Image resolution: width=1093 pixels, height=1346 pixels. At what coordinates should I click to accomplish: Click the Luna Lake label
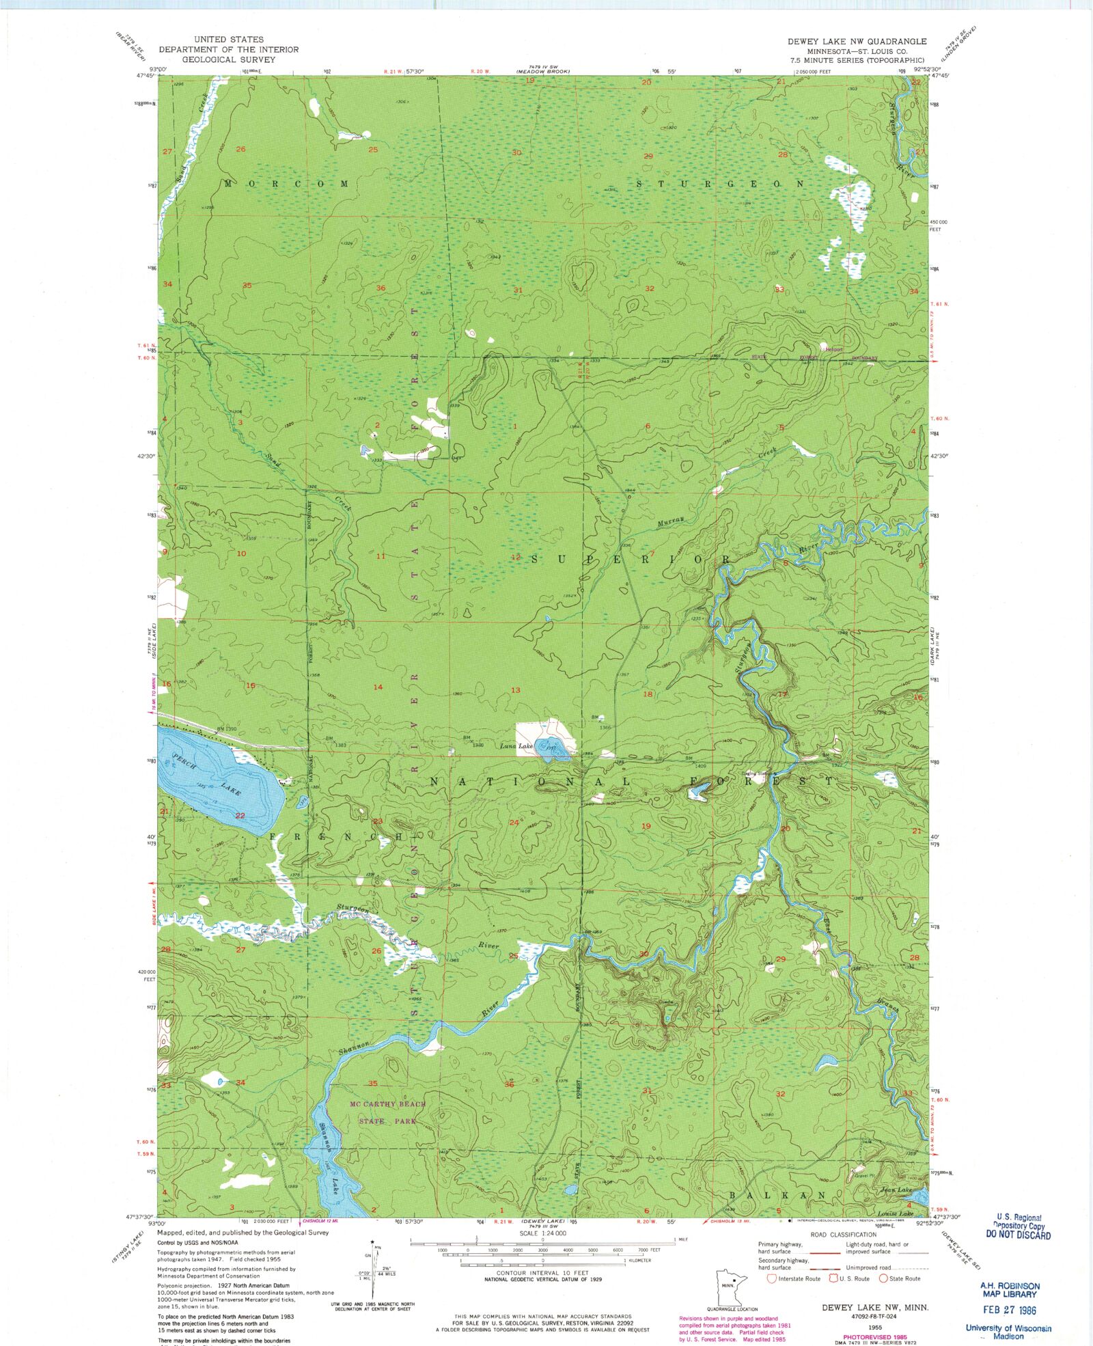(x=516, y=746)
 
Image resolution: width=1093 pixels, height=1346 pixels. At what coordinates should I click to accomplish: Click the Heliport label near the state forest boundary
(x=834, y=349)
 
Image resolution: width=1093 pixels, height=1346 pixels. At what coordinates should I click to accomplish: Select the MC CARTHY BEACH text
(x=387, y=1104)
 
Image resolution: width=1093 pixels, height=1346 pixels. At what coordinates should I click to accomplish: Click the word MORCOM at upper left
(x=287, y=184)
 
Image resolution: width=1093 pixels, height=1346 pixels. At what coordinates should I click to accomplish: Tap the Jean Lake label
(x=896, y=1190)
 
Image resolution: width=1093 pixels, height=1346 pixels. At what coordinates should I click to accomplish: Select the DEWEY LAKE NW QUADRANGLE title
(x=857, y=41)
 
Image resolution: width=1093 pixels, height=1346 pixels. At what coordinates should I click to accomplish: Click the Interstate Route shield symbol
(x=772, y=1278)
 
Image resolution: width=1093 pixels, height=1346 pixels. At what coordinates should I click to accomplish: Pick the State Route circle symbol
(x=883, y=1278)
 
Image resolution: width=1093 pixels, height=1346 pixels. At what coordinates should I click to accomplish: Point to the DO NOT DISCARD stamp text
(x=1018, y=1235)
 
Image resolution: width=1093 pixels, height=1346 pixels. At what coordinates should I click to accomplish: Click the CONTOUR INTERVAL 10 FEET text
(x=542, y=1273)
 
